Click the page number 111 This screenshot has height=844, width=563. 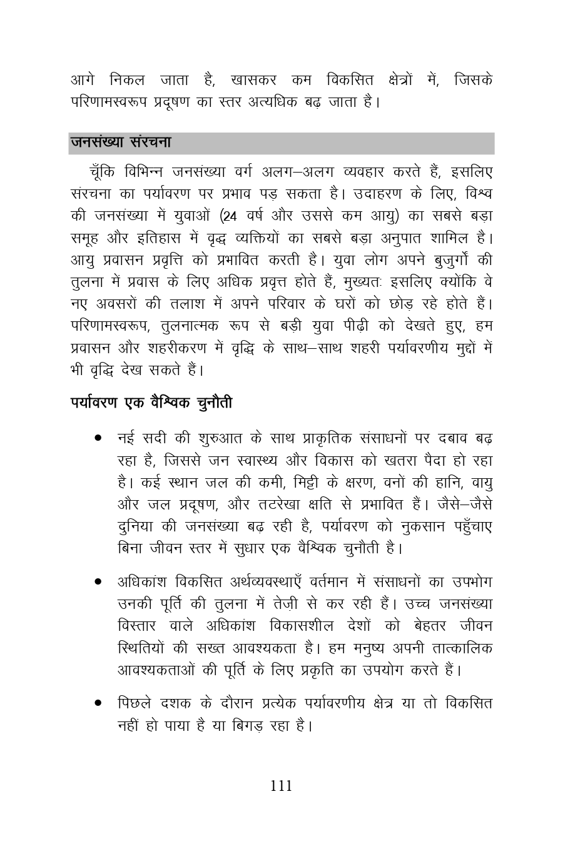point(281,786)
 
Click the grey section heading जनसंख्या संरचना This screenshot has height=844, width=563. point(121,143)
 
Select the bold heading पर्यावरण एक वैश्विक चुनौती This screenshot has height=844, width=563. point(151,403)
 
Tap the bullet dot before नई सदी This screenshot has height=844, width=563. point(99,439)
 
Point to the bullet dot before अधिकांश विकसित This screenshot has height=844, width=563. point(99,582)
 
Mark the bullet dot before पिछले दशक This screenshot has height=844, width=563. point(99,703)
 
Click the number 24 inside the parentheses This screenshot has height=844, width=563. point(230,216)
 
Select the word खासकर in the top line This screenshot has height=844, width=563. point(253,81)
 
